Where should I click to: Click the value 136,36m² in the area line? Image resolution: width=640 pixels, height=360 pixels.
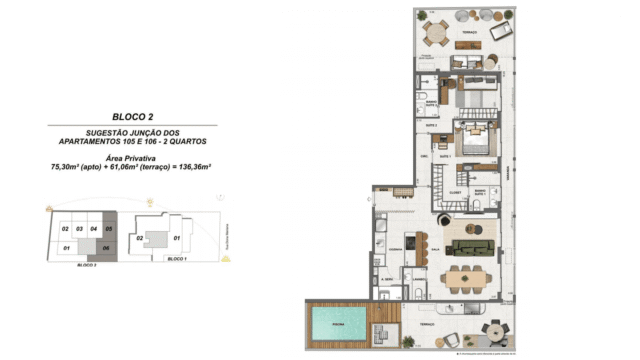(191, 166)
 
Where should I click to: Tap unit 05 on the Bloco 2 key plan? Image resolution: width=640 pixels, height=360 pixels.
(109, 229)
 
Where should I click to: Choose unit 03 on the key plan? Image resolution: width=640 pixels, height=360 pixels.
(79, 229)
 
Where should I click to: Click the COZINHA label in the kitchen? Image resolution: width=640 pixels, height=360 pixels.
(395, 249)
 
